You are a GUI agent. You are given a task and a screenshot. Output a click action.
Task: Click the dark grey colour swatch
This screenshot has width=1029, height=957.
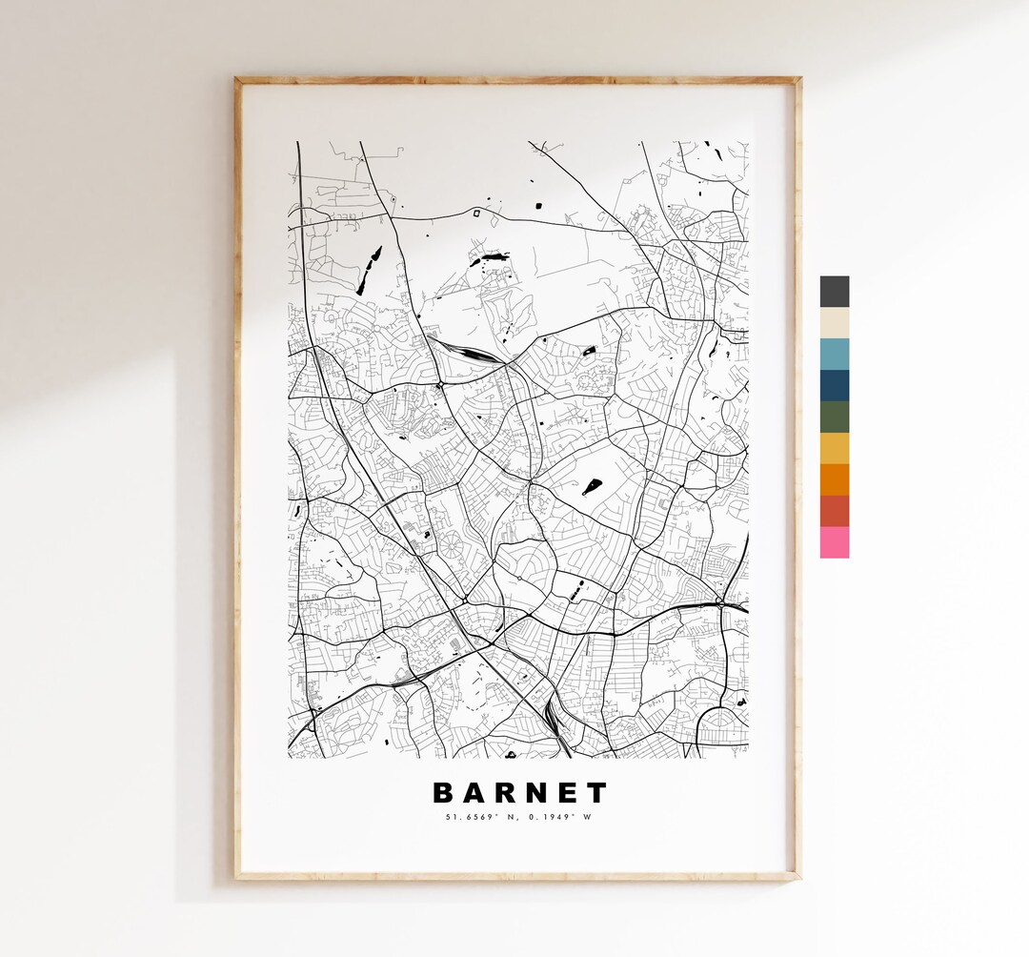tap(834, 292)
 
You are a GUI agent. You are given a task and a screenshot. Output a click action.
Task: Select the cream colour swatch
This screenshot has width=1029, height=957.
tap(834, 323)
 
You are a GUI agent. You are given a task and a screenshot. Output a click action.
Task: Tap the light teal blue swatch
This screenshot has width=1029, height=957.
tap(834, 355)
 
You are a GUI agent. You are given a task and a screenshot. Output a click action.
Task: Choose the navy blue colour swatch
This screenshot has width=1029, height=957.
tap(834, 386)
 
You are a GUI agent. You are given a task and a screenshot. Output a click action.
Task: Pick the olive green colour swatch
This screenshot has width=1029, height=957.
tap(834, 417)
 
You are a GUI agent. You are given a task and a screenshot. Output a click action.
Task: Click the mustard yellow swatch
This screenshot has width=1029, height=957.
tap(834, 448)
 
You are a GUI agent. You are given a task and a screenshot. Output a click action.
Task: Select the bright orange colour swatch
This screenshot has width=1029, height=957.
tap(834, 479)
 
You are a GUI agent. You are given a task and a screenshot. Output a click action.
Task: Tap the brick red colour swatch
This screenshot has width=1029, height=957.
tap(834, 511)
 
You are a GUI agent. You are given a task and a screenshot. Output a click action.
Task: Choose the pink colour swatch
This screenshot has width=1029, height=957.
tap(834, 542)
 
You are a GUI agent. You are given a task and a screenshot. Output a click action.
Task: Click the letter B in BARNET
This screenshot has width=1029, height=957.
tap(443, 793)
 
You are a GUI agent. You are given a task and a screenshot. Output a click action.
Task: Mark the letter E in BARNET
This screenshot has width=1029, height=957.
tap(570, 793)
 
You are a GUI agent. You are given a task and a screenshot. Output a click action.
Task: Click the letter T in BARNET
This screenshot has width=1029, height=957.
tap(596, 793)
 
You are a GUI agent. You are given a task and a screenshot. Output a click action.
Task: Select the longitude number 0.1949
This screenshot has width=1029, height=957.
tap(552, 816)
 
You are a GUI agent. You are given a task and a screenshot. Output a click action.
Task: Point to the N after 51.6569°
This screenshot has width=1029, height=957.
tap(506, 816)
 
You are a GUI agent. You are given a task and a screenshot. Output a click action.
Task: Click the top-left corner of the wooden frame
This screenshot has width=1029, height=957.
tap(238, 81)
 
